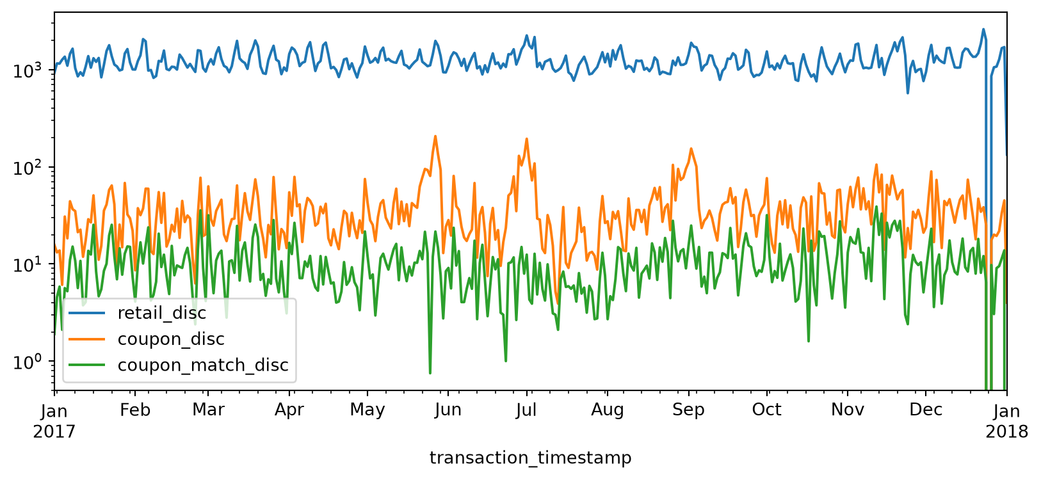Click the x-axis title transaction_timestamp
530,458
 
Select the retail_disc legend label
162,313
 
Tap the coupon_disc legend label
171,339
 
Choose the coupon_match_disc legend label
203,365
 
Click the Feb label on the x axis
135,410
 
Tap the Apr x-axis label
289,410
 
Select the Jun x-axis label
448,410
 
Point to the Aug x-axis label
608,410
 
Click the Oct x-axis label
767,410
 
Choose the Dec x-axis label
926,410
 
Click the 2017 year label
54,431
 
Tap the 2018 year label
1006,431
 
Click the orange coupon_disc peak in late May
435,136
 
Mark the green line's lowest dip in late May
430,372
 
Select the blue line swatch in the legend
87,313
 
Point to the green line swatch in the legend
87,365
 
